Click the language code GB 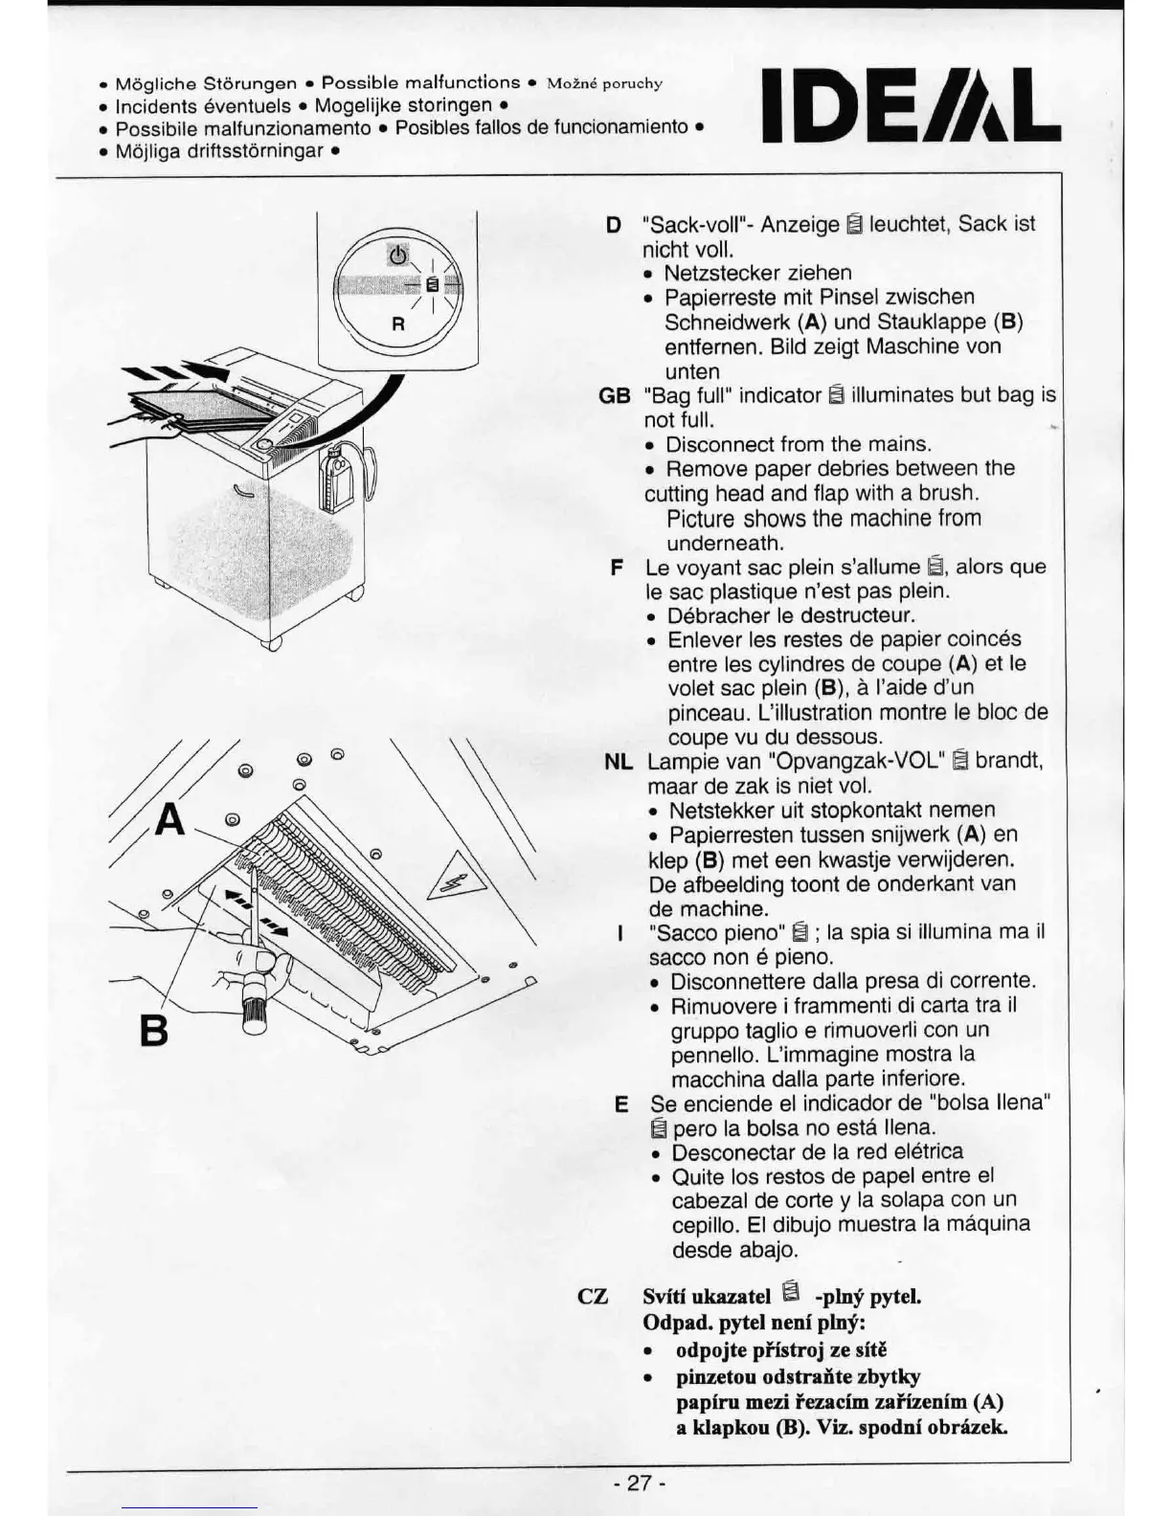pyautogui.click(x=614, y=395)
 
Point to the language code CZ pyautogui.click(x=594, y=1297)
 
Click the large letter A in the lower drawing pyautogui.click(x=169, y=819)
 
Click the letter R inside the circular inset pyautogui.click(x=399, y=323)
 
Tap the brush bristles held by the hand pyautogui.click(x=254, y=1017)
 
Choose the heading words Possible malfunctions pyautogui.click(x=421, y=82)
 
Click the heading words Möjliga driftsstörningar pyautogui.click(x=219, y=150)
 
